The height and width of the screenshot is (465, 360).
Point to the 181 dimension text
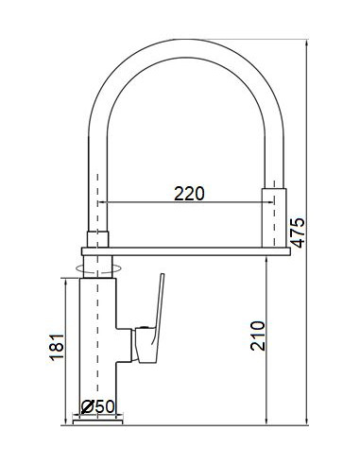tap(56, 348)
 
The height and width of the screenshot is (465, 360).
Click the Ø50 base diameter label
tap(98, 407)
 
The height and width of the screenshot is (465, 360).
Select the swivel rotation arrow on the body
tap(97, 269)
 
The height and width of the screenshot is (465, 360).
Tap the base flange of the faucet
tap(98, 422)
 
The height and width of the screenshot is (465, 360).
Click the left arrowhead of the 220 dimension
tap(106, 202)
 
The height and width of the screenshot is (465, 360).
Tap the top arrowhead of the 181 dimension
tap(67, 284)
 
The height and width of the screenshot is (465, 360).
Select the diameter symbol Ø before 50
tap(87, 407)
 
